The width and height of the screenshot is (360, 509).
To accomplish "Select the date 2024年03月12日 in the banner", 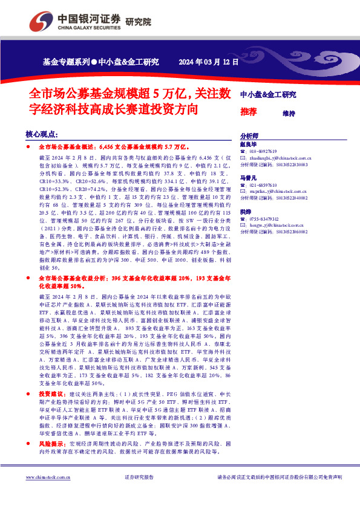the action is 209,61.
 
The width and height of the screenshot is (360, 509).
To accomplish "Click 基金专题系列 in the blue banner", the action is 66,61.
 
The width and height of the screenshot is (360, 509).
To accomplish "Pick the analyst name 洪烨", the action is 245,212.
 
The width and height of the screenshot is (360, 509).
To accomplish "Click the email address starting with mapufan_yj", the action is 279,191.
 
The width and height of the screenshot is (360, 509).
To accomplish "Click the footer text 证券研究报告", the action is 139,478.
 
